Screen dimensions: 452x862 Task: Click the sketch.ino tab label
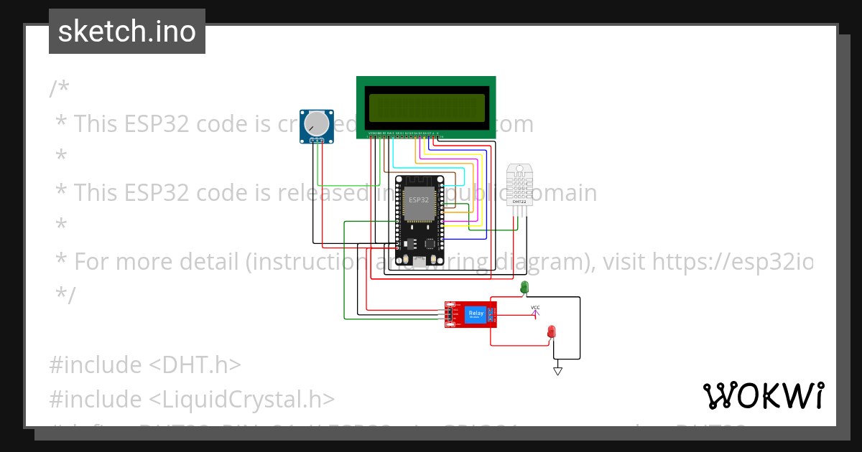point(127,32)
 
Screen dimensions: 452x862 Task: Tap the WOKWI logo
point(763,395)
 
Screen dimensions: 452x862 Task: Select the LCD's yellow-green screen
point(427,108)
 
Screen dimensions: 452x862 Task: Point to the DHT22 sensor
point(519,184)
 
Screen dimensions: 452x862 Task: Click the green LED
point(524,287)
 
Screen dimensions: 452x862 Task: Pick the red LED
point(552,331)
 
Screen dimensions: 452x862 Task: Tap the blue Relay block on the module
point(476,314)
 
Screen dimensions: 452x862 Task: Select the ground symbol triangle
point(557,371)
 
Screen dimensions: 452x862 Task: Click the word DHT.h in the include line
point(195,365)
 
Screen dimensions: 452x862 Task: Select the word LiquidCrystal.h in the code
point(243,400)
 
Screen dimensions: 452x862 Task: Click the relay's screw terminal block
point(491,314)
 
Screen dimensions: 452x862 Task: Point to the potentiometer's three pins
point(316,141)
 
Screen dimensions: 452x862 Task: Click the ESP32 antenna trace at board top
point(419,179)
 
